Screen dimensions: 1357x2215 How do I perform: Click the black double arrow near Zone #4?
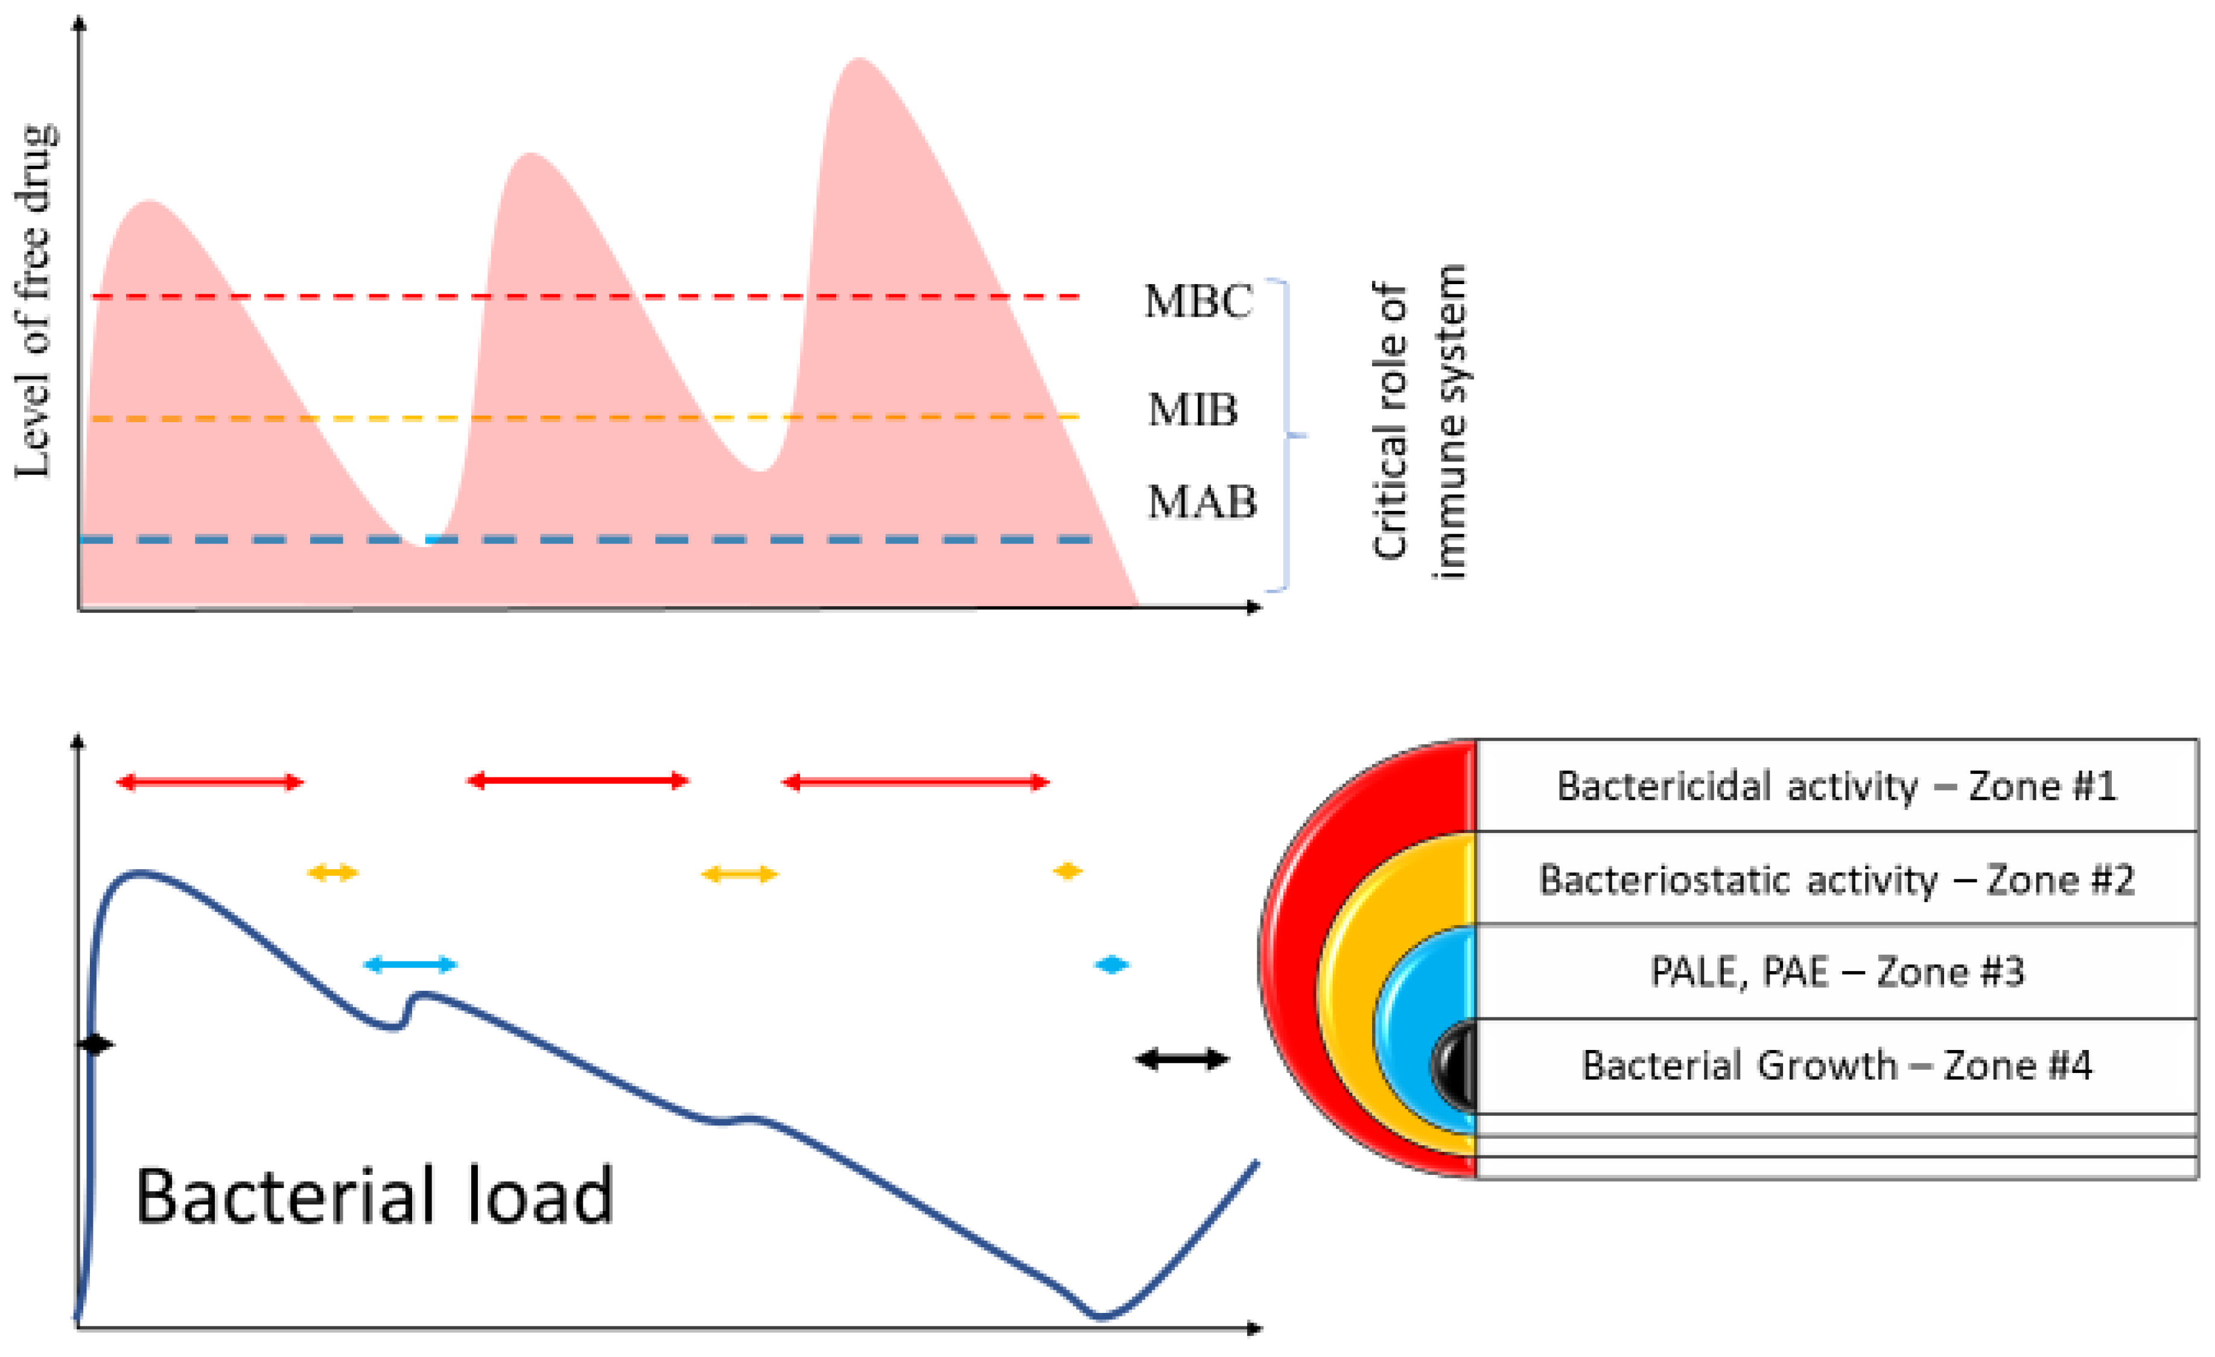(x=1181, y=1060)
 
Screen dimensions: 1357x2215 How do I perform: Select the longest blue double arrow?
(x=410, y=965)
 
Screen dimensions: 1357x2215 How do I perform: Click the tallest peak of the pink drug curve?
(x=859, y=61)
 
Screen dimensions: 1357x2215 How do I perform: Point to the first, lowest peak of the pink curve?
(x=149, y=203)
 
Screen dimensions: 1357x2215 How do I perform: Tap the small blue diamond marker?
(x=1112, y=965)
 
